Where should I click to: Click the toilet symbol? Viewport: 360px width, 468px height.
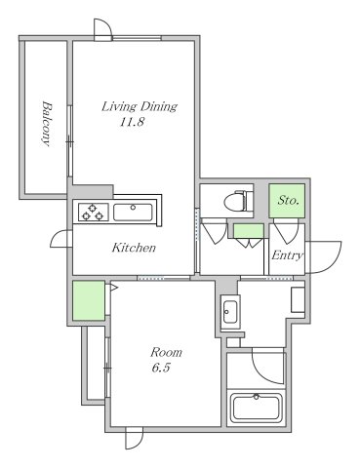click(239, 201)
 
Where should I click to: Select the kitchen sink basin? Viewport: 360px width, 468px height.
click(133, 213)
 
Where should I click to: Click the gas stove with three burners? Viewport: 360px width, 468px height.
click(93, 212)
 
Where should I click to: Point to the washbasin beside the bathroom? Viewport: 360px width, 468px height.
click(230, 312)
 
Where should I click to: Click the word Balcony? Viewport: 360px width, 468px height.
click(47, 124)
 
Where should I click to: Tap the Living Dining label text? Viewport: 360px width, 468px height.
click(140, 106)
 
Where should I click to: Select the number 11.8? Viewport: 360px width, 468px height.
click(132, 122)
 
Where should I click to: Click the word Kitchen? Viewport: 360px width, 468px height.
click(134, 248)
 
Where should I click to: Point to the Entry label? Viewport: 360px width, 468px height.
click(288, 255)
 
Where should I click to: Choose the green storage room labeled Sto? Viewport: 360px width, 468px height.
click(287, 201)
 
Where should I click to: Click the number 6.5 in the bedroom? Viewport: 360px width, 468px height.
click(161, 368)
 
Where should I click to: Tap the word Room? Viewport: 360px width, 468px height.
click(166, 352)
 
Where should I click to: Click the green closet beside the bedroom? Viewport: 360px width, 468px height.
click(89, 300)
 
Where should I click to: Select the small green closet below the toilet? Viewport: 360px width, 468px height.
click(249, 231)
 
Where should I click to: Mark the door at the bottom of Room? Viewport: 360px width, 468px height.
click(135, 438)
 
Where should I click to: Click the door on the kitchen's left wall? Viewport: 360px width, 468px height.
click(61, 239)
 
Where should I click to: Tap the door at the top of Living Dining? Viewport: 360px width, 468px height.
click(102, 29)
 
